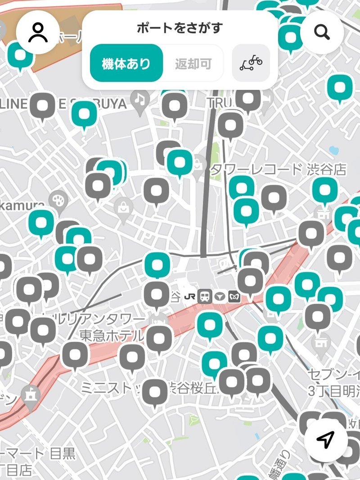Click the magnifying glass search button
[322, 32]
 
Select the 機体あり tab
[126, 63]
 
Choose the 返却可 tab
[193, 64]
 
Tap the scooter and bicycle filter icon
[251, 63]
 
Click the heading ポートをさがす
[179, 28]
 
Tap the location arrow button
[326, 440]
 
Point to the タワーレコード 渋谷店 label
[279, 170]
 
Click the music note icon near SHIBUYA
[140, 98]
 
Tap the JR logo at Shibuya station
[189, 296]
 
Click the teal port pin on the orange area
[20, 55]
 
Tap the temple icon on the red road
[31, 395]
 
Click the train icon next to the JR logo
[205, 296]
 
